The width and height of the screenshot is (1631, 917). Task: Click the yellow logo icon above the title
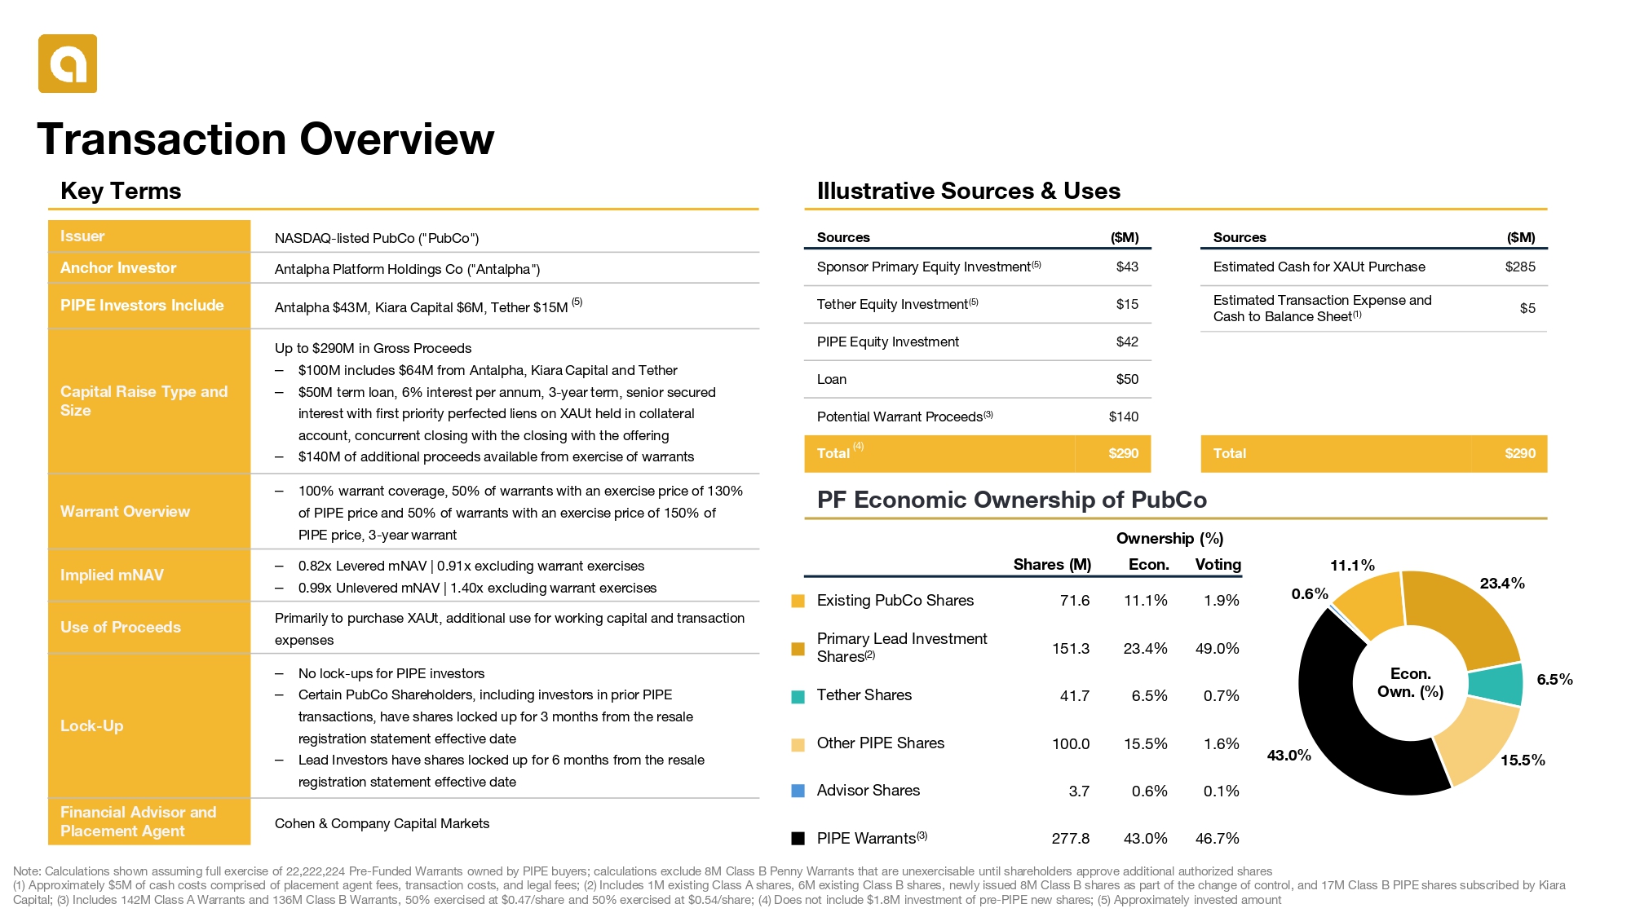click(68, 64)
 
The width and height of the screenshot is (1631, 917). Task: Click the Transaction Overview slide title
click(266, 139)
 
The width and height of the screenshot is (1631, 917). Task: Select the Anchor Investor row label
click(118, 267)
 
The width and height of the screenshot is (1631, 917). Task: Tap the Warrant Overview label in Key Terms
click(125, 511)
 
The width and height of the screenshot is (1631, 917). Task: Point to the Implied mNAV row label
click(112, 575)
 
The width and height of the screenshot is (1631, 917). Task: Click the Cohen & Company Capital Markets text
click(382, 823)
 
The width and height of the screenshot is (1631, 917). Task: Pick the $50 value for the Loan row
click(1127, 379)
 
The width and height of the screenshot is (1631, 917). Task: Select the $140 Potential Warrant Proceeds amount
click(1123, 417)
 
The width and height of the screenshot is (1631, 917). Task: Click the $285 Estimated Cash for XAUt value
click(1520, 267)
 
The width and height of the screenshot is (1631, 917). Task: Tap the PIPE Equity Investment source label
click(887, 342)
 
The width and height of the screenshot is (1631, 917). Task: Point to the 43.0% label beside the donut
click(1288, 756)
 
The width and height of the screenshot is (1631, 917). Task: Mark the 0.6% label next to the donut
click(1310, 593)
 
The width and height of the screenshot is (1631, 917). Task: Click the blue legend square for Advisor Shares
click(798, 791)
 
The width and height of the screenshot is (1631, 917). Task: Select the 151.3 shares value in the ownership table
click(1070, 649)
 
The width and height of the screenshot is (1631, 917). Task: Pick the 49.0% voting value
click(1217, 649)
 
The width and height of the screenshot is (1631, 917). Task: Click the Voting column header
click(1218, 564)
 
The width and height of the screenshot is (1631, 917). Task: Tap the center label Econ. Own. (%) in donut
click(1410, 683)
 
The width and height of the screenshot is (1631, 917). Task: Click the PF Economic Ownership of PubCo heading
click(1011, 500)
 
